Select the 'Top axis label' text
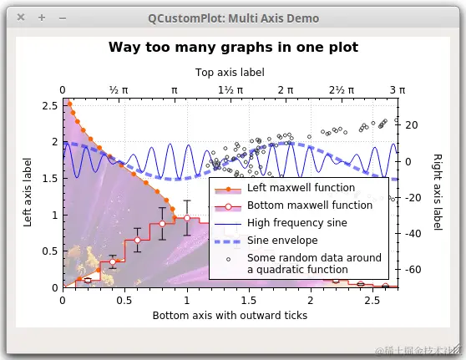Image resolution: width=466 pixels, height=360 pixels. (230, 73)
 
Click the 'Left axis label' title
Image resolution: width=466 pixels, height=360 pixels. (28, 192)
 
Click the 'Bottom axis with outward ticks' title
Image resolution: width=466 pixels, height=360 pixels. (230, 315)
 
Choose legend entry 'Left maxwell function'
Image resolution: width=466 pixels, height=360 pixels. (289, 188)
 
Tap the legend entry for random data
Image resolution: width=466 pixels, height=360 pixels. (314, 263)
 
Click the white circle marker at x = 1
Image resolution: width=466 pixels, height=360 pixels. (187, 219)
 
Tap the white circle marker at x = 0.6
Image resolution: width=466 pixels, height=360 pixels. (137, 241)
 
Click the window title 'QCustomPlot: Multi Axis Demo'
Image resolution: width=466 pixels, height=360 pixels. (233, 18)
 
